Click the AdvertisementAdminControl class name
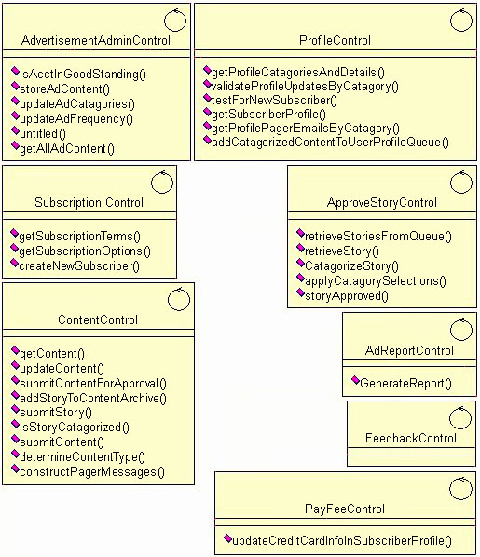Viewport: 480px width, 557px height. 96,41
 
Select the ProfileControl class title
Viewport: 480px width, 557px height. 335,41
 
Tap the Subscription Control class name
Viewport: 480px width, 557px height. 89,203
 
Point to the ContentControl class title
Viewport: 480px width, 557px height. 97,320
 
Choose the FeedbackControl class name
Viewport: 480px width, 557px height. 411,439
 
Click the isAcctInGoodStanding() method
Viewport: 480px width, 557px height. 83,74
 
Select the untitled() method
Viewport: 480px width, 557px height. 43,133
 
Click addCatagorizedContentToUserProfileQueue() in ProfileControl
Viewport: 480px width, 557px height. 330,142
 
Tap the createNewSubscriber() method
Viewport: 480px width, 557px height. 79,266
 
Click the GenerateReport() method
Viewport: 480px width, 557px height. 405,383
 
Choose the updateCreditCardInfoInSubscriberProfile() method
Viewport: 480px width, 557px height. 342,541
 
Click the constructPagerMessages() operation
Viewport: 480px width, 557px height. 91,472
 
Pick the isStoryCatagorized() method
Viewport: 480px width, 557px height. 74,428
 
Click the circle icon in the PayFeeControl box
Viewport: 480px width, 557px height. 460,487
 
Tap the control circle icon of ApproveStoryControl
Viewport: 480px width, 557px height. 460,182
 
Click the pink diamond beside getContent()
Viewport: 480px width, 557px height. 15,353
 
